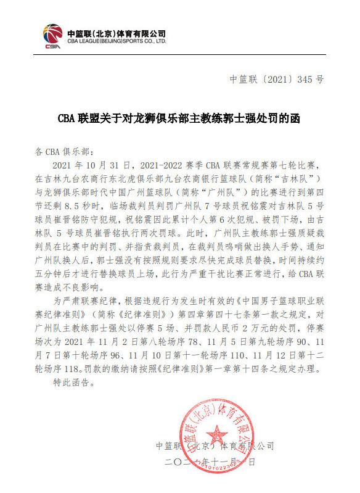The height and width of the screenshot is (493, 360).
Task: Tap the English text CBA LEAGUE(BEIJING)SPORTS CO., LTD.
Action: pyautogui.click(x=117, y=41)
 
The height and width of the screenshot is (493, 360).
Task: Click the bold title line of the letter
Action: pyautogui.click(x=179, y=118)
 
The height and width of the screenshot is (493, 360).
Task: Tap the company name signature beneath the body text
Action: pyautogui.click(x=215, y=445)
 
